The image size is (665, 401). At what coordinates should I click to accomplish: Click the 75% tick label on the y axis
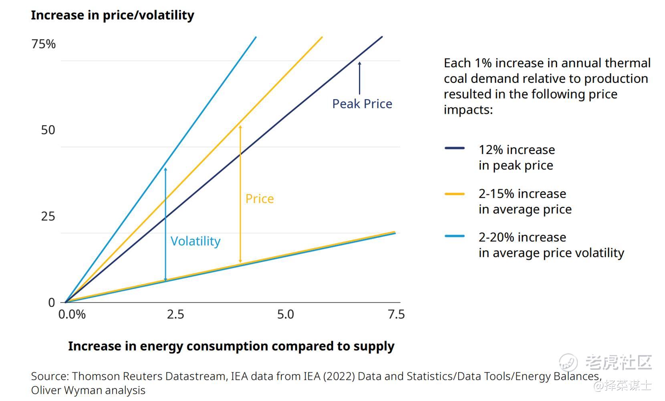[x=44, y=44]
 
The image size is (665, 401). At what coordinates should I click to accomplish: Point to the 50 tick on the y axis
[x=48, y=130]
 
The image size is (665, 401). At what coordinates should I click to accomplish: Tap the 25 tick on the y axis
[x=48, y=217]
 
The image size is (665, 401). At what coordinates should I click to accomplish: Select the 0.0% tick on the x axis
[x=72, y=315]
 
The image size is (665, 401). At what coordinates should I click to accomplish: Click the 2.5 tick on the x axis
[x=175, y=315]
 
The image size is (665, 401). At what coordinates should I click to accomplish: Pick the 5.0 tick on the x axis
[x=286, y=315]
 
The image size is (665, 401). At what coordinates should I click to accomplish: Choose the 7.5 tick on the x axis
[x=396, y=315]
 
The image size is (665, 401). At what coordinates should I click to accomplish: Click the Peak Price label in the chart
[x=362, y=104]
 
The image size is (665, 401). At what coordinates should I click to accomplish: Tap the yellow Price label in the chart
[x=260, y=199]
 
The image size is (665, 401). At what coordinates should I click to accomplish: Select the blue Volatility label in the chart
[x=195, y=241]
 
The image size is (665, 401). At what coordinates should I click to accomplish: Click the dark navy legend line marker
[x=455, y=148]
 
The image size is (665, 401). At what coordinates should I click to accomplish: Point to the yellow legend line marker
[x=455, y=194]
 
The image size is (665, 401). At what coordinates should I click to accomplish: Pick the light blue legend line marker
[x=455, y=236]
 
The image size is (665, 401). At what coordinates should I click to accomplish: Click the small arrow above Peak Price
[x=359, y=78]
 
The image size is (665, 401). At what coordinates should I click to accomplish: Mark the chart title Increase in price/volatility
[x=113, y=15]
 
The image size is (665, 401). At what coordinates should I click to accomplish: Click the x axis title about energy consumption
[x=231, y=346]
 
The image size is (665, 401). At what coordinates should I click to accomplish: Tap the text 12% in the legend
[x=491, y=150]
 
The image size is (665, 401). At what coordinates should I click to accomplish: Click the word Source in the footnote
[x=49, y=377]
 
